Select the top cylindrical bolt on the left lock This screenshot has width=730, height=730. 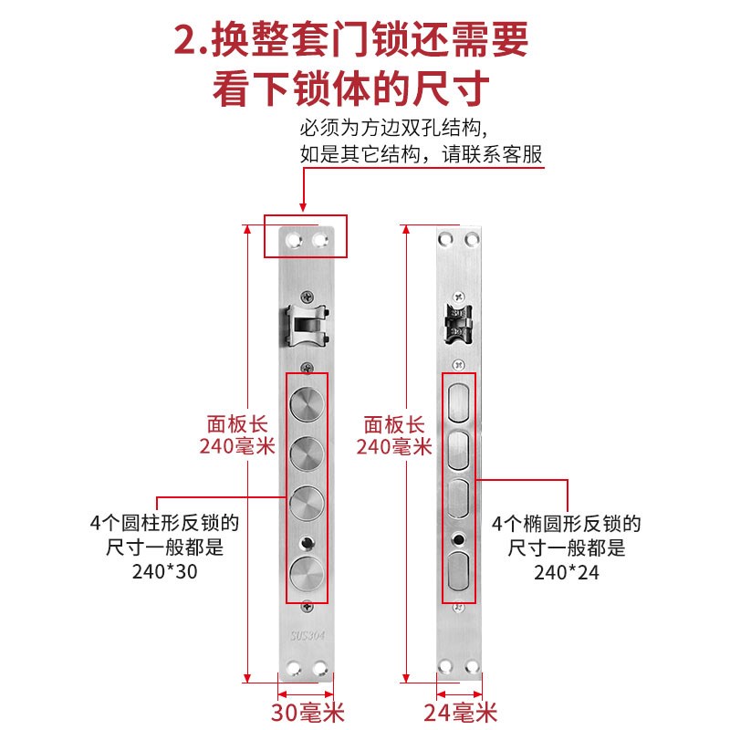coord(307,402)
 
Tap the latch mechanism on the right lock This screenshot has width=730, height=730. coord(459,325)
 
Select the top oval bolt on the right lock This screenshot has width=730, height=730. coord(459,401)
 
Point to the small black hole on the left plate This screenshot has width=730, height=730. coord(307,541)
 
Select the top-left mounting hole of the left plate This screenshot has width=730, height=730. coord(292,239)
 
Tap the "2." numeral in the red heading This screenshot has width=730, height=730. coord(189,40)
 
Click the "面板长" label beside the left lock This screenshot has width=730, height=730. coord(235,424)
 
